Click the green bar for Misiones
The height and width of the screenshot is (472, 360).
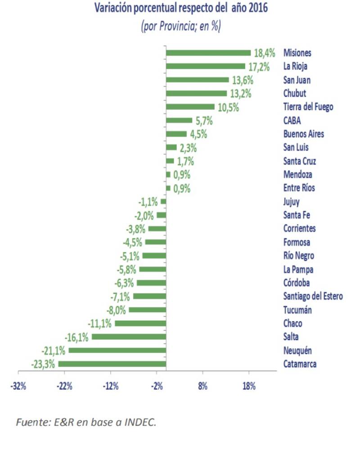(208, 53)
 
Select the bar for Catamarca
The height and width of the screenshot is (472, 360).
(112, 364)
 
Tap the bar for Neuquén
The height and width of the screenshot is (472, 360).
(117, 350)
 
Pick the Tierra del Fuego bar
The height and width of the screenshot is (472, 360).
(190, 107)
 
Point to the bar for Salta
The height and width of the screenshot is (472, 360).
(129, 337)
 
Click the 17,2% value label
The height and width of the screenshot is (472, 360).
(259, 67)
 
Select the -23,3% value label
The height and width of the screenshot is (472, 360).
(43, 364)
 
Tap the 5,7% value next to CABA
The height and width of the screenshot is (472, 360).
(204, 121)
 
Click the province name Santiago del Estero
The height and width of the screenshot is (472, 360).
(313, 296)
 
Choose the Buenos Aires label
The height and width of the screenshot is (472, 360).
(303, 134)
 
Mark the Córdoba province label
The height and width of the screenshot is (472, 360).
(296, 283)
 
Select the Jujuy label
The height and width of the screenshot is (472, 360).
(291, 202)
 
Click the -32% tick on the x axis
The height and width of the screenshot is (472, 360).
(18, 386)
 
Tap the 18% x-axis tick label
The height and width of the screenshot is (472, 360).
(249, 386)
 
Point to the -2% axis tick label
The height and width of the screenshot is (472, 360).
(157, 386)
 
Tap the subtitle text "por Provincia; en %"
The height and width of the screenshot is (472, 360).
(180, 26)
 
